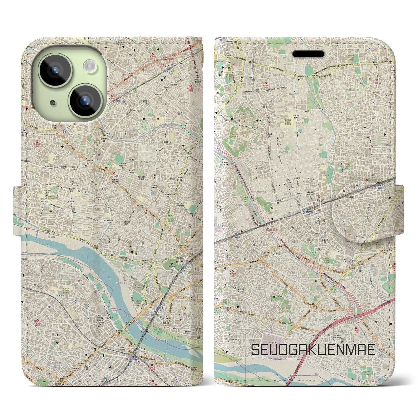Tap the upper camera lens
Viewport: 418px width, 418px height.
pyautogui.click(x=55, y=70)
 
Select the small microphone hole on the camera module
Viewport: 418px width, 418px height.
pyautogui.click(x=53, y=103)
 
